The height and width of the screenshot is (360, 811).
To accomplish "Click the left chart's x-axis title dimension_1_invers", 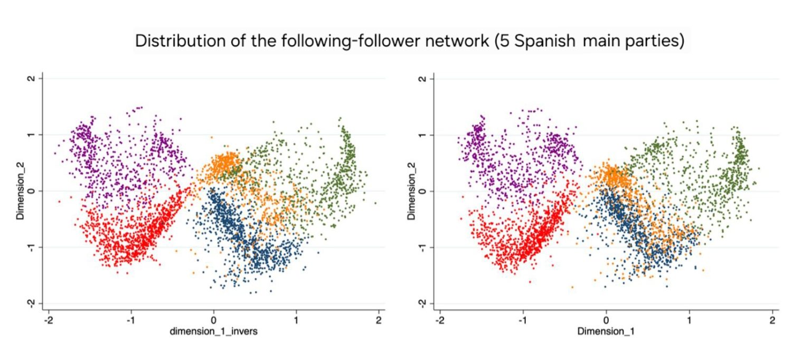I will pyautogui.click(x=213, y=331).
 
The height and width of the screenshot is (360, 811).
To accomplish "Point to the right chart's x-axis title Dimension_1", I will pyautogui.click(x=606, y=331).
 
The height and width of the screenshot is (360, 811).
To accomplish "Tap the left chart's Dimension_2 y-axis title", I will pyautogui.click(x=20, y=191).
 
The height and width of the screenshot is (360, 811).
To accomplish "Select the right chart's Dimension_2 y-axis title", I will pyautogui.click(x=411, y=191).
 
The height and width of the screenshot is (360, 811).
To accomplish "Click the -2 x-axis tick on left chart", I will pyautogui.click(x=48, y=320).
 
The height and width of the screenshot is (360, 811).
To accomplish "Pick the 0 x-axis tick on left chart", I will pyautogui.click(x=213, y=320).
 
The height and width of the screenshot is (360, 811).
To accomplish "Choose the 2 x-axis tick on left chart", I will pyautogui.click(x=379, y=320).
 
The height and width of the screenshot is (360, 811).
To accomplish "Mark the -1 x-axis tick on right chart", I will pyautogui.click(x=522, y=320).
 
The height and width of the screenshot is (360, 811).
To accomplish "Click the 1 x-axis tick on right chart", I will pyautogui.click(x=689, y=320).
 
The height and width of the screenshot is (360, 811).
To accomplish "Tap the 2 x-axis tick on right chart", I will pyautogui.click(x=772, y=320).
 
